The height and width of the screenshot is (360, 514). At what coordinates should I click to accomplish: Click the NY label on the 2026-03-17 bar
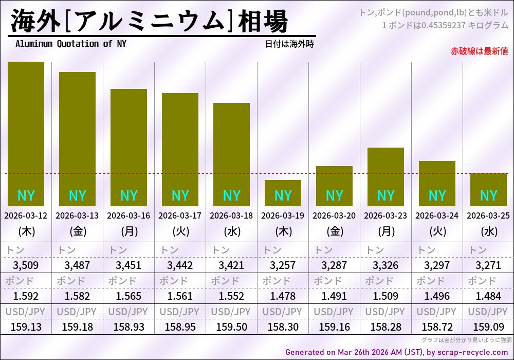point(180,196)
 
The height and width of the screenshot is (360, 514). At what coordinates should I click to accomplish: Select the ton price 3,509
point(26,266)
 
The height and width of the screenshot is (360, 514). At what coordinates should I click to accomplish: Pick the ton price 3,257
point(283,266)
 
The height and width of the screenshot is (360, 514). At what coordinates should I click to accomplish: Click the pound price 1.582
point(77,296)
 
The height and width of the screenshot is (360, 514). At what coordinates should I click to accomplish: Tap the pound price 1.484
point(488,296)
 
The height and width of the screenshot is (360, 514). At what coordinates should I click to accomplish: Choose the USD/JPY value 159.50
point(231,327)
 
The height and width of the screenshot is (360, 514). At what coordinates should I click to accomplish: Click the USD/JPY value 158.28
point(385,327)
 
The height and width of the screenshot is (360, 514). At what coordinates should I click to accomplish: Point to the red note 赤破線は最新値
point(479,51)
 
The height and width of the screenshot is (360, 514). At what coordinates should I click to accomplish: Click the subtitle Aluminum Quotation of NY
point(70,44)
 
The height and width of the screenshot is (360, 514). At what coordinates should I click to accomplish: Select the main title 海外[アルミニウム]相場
point(149,22)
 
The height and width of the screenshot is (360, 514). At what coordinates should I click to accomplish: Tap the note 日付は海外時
point(289,44)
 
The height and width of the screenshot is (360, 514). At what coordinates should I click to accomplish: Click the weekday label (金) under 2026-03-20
point(334,231)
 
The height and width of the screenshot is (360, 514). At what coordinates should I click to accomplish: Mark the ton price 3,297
point(437,266)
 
